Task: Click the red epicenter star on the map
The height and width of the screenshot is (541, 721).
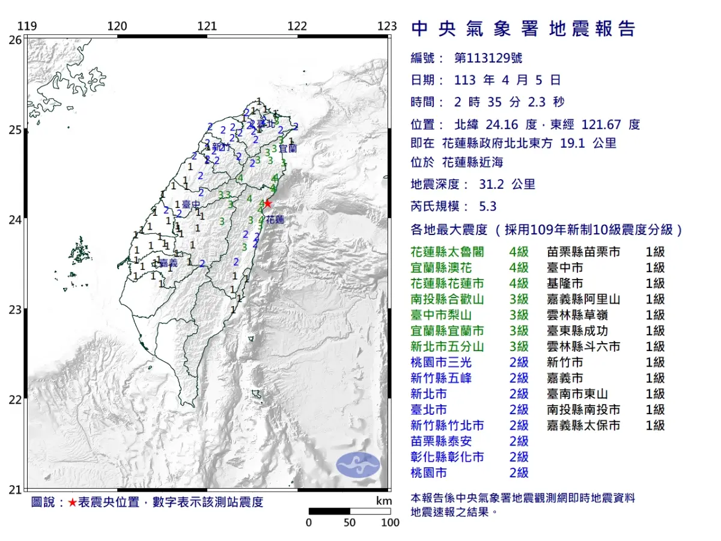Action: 267,203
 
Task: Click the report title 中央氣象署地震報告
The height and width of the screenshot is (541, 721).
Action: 523,28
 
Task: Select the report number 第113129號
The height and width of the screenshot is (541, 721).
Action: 488,58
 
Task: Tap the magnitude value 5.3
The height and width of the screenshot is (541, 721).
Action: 487,206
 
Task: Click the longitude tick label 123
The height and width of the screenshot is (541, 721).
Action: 388,26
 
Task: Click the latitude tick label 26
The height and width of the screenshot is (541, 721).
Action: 15,39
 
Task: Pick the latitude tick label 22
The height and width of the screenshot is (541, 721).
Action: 15,399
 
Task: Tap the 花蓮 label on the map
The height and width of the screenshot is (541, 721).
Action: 275,220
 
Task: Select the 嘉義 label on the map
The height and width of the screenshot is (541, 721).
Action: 168,263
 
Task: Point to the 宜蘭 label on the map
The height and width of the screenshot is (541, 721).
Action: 288,147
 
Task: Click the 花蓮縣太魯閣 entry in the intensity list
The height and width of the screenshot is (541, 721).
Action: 447,252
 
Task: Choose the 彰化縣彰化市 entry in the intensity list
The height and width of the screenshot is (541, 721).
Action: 447,457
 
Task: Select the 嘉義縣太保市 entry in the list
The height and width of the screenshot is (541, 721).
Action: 583,426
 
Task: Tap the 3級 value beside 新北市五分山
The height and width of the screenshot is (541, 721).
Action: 519,347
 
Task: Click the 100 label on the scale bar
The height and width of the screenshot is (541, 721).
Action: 390,522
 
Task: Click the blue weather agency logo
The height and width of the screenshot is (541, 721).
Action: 358,464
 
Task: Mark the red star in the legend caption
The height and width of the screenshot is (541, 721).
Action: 72,503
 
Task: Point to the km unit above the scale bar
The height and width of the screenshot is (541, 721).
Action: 384,501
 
